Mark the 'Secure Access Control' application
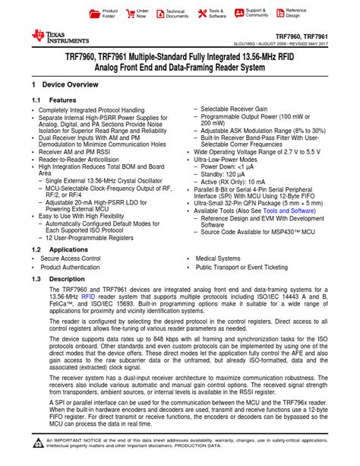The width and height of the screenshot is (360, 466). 70,258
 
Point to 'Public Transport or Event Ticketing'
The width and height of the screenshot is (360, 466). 241,268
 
